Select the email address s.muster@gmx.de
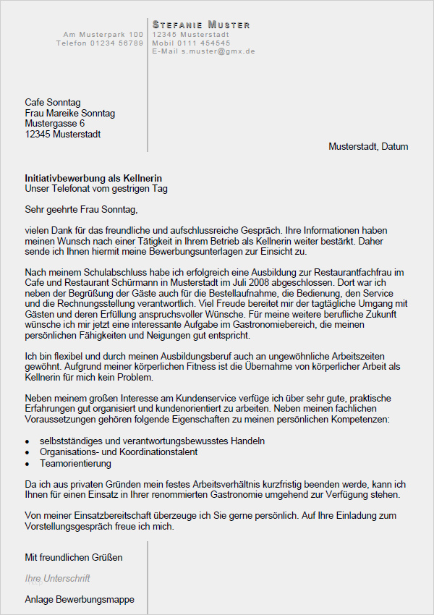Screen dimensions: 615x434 pyautogui.click(x=218, y=51)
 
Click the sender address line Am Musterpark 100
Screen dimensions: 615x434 pyautogui.click(x=103, y=35)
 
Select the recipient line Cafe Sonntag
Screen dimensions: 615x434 pyautogui.click(x=53, y=103)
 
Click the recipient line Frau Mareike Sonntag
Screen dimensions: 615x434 pyautogui.click(x=69, y=114)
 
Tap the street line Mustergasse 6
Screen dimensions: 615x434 pyautogui.click(x=55, y=124)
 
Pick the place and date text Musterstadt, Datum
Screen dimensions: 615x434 pyautogui.click(x=368, y=146)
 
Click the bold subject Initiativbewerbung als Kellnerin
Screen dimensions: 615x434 pyautogui.click(x=93, y=178)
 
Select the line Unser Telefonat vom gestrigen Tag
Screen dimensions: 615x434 pyautogui.click(x=96, y=189)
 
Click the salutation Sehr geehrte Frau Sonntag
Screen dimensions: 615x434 pyautogui.click(x=81, y=210)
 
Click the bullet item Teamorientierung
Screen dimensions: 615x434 pyautogui.click(x=75, y=463)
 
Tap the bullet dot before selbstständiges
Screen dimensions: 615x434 pyautogui.click(x=27, y=441)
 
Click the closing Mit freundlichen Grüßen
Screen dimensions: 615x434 pyautogui.click(x=74, y=557)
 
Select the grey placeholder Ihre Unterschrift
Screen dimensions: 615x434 pyautogui.click(x=57, y=578)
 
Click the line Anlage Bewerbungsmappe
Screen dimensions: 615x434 pyautogui.click(x=80, y=600)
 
